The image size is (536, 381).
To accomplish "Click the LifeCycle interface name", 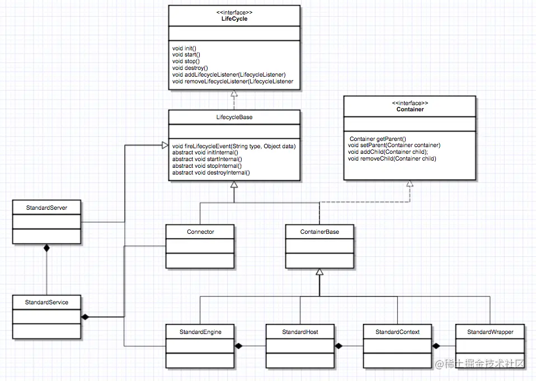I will (x=234, y=19).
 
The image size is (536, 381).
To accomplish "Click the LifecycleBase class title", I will (x=234, y=117).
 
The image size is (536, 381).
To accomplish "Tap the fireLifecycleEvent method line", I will (x=233, y=146).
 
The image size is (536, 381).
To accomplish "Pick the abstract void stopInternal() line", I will (x=206, y=166).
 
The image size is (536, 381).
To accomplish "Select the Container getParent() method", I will (x=377, y=138).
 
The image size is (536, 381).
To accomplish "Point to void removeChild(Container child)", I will (x=392, y=158).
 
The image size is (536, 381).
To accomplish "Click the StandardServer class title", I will (x=46, y=208).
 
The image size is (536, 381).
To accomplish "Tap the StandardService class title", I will (x=46, y=302).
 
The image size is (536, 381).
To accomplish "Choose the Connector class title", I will (x=200, y=232).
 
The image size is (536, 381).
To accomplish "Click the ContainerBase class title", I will (x=319, y=232).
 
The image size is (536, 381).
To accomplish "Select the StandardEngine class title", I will (x=200, y=332).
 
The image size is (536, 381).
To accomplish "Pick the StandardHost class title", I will (x=300, y=332).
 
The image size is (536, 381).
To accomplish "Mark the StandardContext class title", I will (x=397, y=332).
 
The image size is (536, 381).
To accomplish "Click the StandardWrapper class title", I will (x=490, y=332).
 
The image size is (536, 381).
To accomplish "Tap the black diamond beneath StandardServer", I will (x=47, y=247).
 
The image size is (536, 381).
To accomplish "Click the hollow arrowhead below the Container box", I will (x=410, y=184).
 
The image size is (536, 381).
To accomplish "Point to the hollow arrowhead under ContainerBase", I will (x=319, y=272).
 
